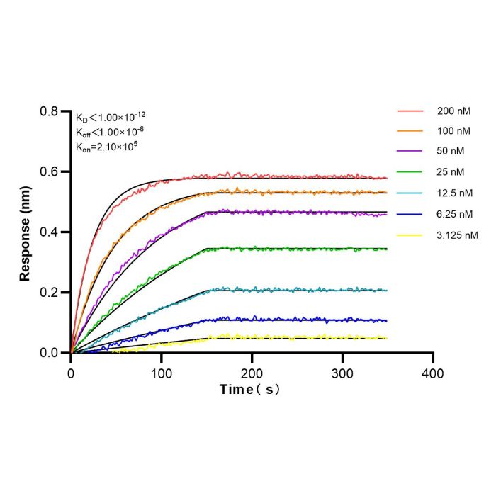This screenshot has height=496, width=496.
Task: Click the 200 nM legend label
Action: [454, 111]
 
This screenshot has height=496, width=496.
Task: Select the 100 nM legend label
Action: [454, 131]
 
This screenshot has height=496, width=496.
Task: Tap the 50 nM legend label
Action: [451, 151]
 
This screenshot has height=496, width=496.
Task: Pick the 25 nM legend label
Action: [451, 172]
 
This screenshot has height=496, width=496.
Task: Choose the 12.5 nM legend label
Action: [455, 193]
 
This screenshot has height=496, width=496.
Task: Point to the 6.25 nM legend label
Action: [455, 215]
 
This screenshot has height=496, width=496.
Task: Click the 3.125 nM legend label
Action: [458, 235]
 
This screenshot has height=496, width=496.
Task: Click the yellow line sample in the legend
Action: [410, 235]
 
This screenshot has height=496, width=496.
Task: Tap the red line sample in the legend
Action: [410, 111]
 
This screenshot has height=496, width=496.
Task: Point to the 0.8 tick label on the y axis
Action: [49, 111]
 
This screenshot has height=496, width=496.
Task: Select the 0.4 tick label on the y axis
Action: [49, 232]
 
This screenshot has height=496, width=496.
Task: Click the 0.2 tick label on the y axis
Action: [49, 293]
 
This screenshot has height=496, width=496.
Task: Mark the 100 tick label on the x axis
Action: [162, 374]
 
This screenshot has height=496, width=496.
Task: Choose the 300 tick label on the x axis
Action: [342, 374]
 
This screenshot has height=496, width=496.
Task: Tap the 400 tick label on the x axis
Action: [433, 374]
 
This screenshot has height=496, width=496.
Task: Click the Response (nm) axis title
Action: [25, 233]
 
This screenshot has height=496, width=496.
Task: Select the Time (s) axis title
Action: [250, 390]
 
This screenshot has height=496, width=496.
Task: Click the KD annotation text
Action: [111, 118]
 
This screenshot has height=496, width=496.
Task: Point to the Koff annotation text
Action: [110, 132]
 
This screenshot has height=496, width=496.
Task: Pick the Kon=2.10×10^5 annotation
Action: [106, 147]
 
